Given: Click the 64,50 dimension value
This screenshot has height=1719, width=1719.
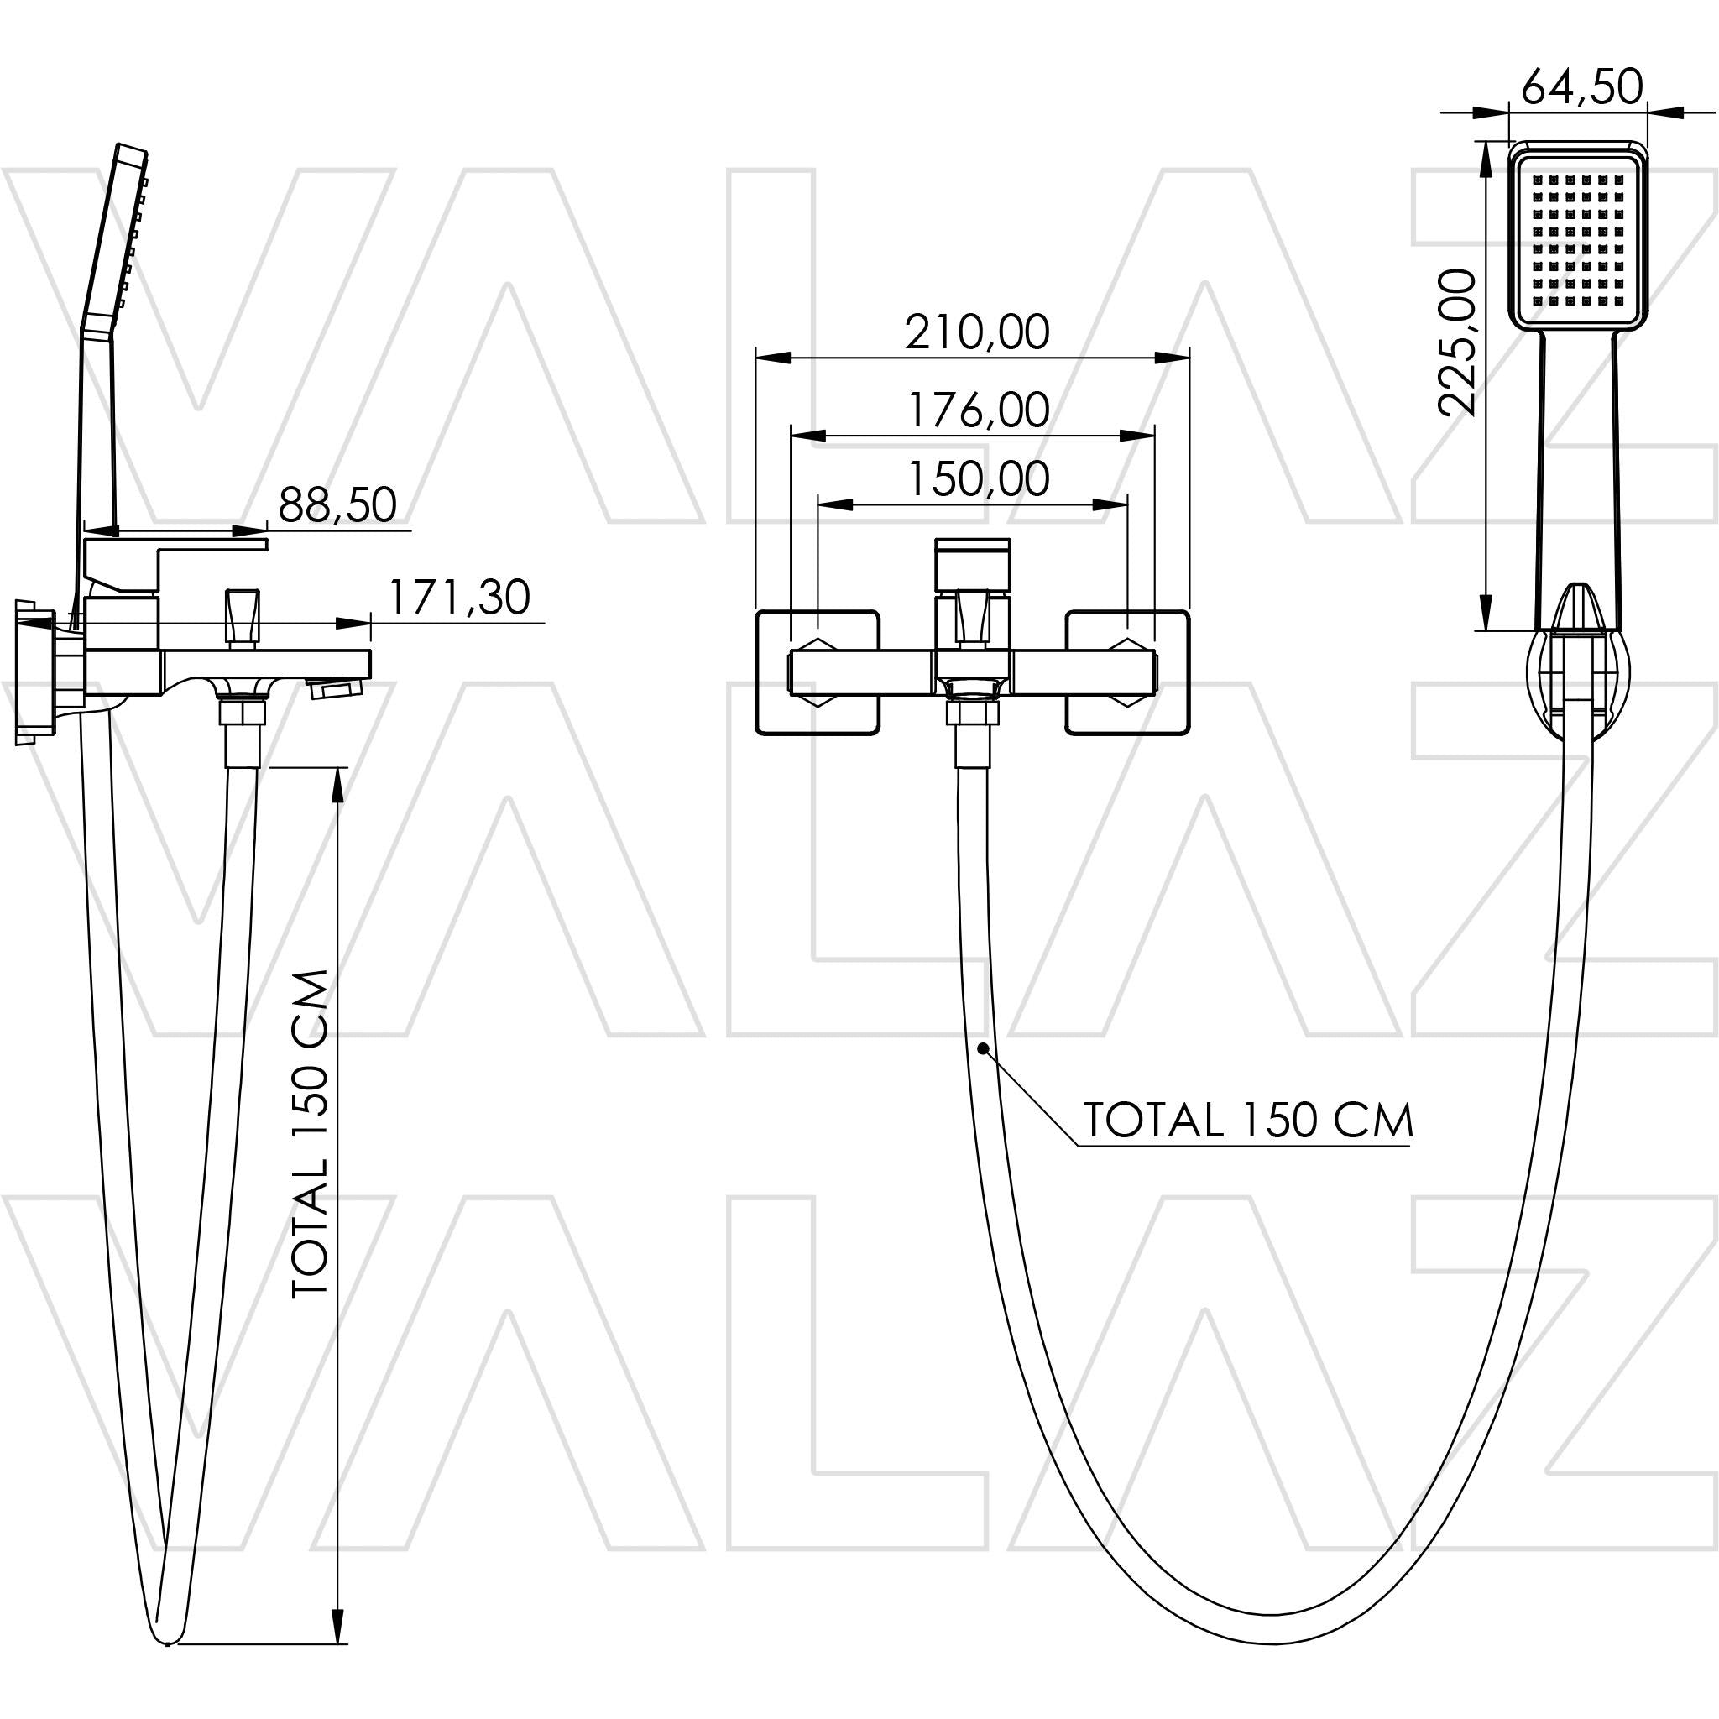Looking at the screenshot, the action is coord(1581,87).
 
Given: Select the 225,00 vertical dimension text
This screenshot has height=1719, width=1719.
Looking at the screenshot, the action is coord(1457,342).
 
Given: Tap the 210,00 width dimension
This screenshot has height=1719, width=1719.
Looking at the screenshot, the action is coord(977,332).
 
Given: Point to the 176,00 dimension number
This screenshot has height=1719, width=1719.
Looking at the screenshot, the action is coord(977,410).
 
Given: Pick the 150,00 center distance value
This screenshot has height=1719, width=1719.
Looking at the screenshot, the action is coord(977,478).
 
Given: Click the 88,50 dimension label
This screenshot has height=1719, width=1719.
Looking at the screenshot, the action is coord(337,504).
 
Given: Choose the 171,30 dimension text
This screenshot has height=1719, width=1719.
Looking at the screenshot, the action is coord(459,597).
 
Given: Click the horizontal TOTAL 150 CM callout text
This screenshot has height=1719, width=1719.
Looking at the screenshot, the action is coord(1247,1121).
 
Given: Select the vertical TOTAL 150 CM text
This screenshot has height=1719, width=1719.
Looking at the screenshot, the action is coord(311,1133).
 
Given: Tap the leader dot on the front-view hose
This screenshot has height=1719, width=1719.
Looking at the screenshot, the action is coord(983,1049).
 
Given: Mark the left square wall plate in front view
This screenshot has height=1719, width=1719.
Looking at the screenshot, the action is coord(817,672).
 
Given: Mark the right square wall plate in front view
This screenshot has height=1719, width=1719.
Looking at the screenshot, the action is coord(1127,672).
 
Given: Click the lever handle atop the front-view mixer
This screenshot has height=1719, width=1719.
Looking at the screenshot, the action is coord(972,564).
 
